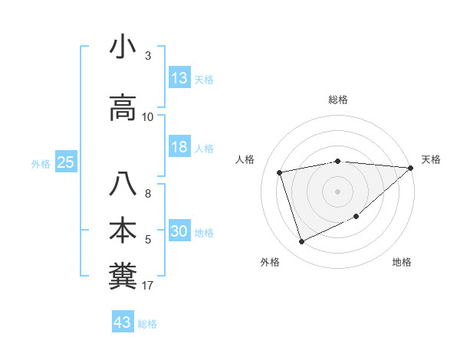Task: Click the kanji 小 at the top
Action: [123, 47]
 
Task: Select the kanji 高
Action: [123, 110]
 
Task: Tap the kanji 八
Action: [123, 185]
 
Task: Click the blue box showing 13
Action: [179, 78]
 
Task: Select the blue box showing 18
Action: [179, 148]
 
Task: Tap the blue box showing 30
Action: [179, 232]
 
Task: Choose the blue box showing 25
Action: [65, 162]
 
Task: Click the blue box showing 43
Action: [123, 322]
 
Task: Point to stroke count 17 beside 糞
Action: [148, 286]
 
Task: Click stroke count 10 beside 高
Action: [148, 117]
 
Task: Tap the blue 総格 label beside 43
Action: [148, 324]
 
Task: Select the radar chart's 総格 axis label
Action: [338, 100]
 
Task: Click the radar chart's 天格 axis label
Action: [431, 159]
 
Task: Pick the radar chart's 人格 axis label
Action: [245, 159]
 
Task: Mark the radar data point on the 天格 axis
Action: [411, 168]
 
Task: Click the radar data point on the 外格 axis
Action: [301, 242]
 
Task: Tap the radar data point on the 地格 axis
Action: [356, 217]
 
